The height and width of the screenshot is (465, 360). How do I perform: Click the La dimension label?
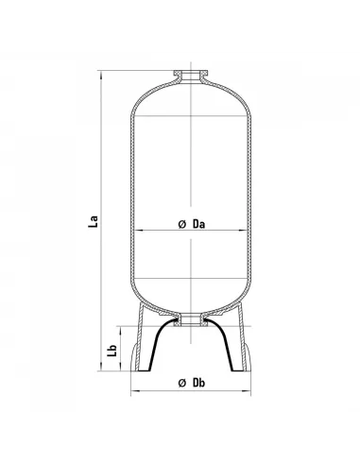click(94, 221)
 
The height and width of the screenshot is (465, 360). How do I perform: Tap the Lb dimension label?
click(112, 351)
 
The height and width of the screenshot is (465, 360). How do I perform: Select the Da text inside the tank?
click(199, 224)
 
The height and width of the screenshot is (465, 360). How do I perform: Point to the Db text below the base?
click(199, 383)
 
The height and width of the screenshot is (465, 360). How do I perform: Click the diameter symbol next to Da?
click(182, 224)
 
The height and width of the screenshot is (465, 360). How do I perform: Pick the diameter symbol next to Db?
click(182, 383)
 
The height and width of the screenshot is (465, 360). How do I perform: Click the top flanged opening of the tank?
click(191, 76)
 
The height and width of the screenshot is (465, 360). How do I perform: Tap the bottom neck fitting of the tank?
click(191, 319)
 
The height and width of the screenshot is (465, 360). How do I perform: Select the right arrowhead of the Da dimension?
click(243, 231)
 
